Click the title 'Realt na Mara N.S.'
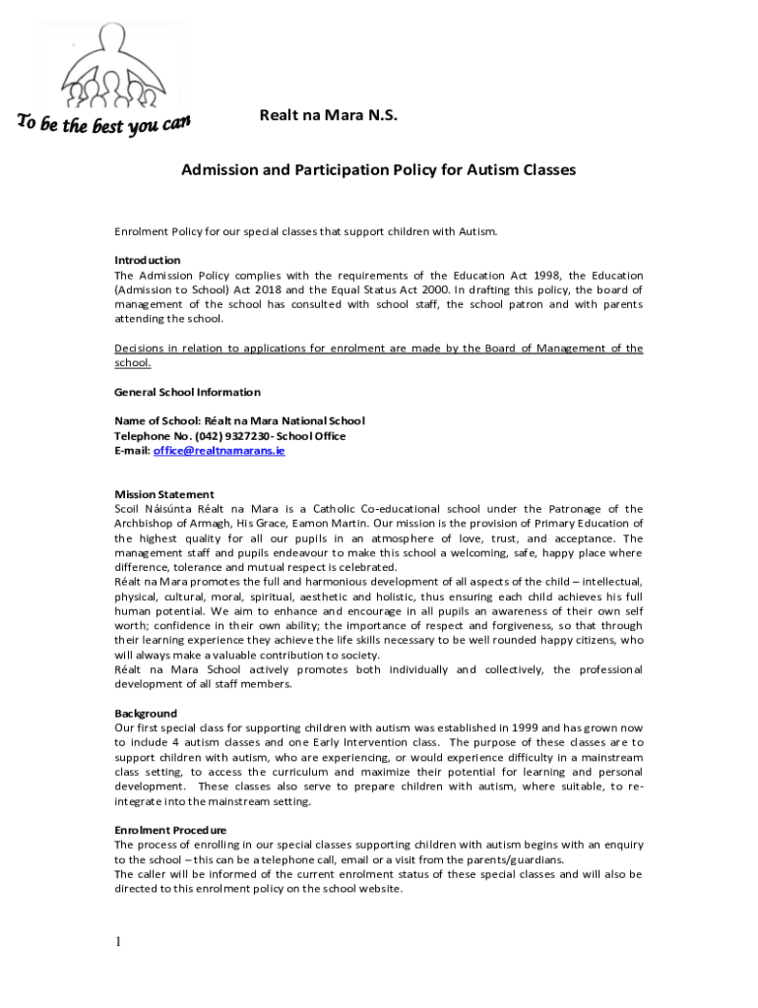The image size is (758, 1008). click(329, 116)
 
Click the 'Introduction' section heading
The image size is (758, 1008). click(148, 260)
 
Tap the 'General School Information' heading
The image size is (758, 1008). click(187, 392)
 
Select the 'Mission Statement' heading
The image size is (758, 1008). click(164, 494)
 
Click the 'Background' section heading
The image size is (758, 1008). click(146, 713)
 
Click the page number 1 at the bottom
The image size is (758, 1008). click(118, 943)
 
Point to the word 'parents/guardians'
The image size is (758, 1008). click(514, 859)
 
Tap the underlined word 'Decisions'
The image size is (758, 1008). click(142, 348)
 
